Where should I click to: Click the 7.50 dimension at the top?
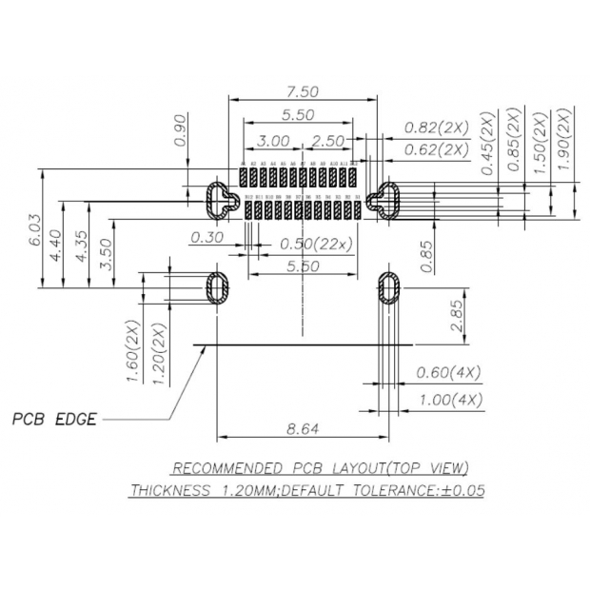pos(303,92)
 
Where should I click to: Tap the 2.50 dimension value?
pos(328,141)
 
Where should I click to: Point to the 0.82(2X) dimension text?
pos(437,128)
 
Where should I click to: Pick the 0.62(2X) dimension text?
pos(437,149)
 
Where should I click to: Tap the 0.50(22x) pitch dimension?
pos(316,244)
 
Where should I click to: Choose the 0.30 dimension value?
pos(206,238)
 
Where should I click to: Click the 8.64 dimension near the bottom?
pos(303,429)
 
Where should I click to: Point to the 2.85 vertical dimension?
pos(458,315)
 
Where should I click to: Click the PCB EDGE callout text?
pos(54,419)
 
